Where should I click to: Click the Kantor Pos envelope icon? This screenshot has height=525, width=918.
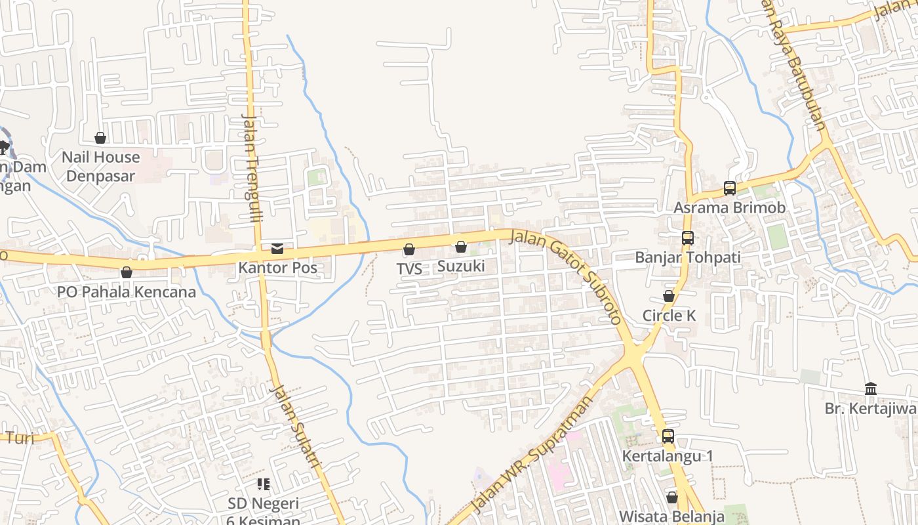277,249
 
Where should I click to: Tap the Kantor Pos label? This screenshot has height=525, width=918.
277,268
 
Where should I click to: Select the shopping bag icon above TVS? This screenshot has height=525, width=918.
409,249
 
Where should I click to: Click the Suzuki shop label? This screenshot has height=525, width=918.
461,266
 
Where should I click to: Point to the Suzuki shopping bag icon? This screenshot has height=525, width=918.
461,247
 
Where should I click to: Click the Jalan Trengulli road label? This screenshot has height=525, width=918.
252,168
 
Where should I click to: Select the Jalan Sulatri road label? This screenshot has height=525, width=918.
296,426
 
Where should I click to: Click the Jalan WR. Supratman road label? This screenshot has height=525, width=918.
531,455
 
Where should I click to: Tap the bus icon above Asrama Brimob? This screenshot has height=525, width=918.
730,188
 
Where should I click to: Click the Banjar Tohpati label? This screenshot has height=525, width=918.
687,257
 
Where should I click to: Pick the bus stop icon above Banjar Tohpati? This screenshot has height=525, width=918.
687,238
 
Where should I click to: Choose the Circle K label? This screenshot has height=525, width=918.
669,316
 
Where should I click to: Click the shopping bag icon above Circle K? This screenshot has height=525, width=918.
669,297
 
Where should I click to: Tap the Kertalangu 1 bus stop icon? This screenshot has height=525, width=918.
668,436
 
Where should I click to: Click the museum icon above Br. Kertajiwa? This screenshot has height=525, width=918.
871,389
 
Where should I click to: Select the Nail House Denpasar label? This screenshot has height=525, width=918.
100,167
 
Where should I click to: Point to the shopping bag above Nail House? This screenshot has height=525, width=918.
100,138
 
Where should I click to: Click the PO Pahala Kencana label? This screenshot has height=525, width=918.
127,292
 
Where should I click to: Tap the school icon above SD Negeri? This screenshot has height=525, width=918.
264,485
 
